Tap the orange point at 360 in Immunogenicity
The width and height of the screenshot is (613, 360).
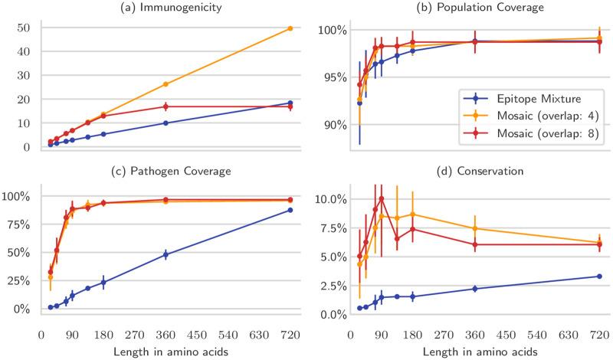(x=166, y=84)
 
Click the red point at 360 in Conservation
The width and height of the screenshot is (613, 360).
(x=475, y=244)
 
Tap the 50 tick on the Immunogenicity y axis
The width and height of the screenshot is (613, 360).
(x=29, y=28)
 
